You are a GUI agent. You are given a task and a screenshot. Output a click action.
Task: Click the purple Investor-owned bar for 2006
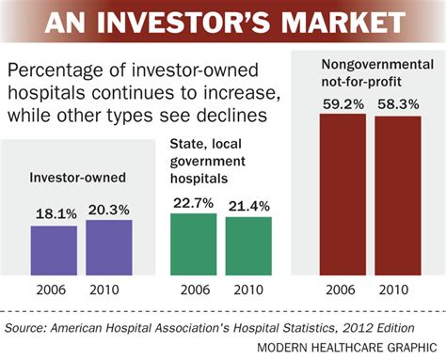coord(54,250)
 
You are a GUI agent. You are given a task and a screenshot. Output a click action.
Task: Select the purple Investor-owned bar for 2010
coord(109,247)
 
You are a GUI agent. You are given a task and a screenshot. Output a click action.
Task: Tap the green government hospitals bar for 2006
coord(194,244)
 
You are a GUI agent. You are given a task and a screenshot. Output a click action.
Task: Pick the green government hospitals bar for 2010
coord(248,246)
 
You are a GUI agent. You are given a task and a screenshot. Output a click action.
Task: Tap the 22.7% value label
coord(194,201)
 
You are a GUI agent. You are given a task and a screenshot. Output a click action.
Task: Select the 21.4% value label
coord(248,205)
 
